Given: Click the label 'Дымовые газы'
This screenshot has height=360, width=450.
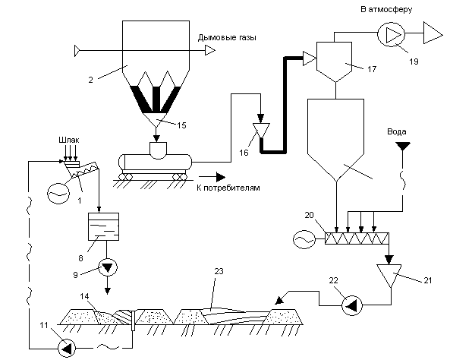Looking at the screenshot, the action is pyautogui.click(x=227, y=38).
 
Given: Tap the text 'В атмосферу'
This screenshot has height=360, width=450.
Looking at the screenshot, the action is pyautogui.click(x=386, y=9).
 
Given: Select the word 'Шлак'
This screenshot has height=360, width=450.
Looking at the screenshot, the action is pyautogui.click(x=69, y=140).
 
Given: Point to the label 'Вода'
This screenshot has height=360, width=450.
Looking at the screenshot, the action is pyautogui.click(x=397, y=131).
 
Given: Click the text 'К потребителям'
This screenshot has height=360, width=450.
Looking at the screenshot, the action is pyautogui.click(x=228, y=188).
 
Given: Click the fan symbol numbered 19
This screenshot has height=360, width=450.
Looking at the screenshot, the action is pyautogui.click(x=391, y=35).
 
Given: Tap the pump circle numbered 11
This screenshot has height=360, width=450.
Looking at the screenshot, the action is pyautogui.click(x=67, y=349).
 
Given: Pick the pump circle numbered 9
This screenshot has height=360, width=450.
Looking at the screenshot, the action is pyautogui.click(x=108, y=267).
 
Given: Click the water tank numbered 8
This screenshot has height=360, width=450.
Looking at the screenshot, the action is pyautogui.click(x=103, y=226).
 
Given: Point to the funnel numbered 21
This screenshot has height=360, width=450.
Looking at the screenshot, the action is pyautogui.click(x=389, y=275).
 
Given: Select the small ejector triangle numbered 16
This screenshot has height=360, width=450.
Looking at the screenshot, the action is pyautogui.click(x=261, y=131).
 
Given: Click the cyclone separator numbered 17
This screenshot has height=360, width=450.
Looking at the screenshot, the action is pyautogui.click(x=334, y=62).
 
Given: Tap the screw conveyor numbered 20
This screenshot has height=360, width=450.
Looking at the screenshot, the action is pyautogui.click(x=357, y=238).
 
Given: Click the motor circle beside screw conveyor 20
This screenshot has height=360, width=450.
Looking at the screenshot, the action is pyautogui.click(x=304, y=239).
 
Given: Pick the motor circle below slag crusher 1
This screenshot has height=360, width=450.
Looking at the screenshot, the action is pyautogui.click(x=58, y=194).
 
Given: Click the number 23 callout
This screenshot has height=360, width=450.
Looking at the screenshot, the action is pyautogui.click(x=219, y=271).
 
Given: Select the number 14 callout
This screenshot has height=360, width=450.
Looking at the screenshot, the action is pyautogui.click(x=84, y=296).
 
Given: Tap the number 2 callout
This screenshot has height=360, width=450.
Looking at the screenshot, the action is pyautogui.click(x=90, y=80).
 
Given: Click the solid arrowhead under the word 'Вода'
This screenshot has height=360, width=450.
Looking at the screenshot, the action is pyautogui.click(x=403, y=147).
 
